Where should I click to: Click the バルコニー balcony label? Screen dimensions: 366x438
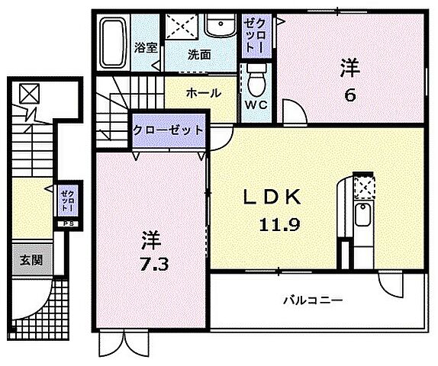click(314, 300)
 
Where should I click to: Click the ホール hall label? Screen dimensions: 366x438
click(203, 93)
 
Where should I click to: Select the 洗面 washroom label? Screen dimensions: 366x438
click(200, 55)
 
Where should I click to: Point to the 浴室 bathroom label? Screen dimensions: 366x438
click(146, 47)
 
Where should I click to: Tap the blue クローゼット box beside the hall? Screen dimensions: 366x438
click(169, 130)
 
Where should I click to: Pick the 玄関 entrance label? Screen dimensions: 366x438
click(31, 260)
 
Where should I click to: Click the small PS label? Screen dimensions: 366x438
click(67, 223)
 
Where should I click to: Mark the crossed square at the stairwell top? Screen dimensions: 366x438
click(30, 93)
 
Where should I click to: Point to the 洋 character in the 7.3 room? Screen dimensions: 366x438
click(150, 239)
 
